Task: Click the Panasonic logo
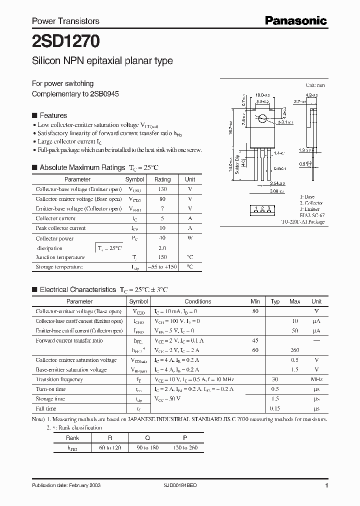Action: [295, 20]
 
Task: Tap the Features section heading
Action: [53, 115]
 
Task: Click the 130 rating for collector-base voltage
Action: [162, 189]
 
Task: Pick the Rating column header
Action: [162, 179]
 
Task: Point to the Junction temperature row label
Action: [60, 257]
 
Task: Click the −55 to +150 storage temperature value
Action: [162, 267]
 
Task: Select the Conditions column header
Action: [198, 301]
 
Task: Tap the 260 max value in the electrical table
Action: [295, 350]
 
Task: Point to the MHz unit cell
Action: [316, 379]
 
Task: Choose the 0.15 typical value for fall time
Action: [274, 408]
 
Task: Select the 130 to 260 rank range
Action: [185, 447]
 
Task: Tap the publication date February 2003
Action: [88, 486]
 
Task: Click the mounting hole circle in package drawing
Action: [262, 119]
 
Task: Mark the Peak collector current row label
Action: [60, 228]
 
